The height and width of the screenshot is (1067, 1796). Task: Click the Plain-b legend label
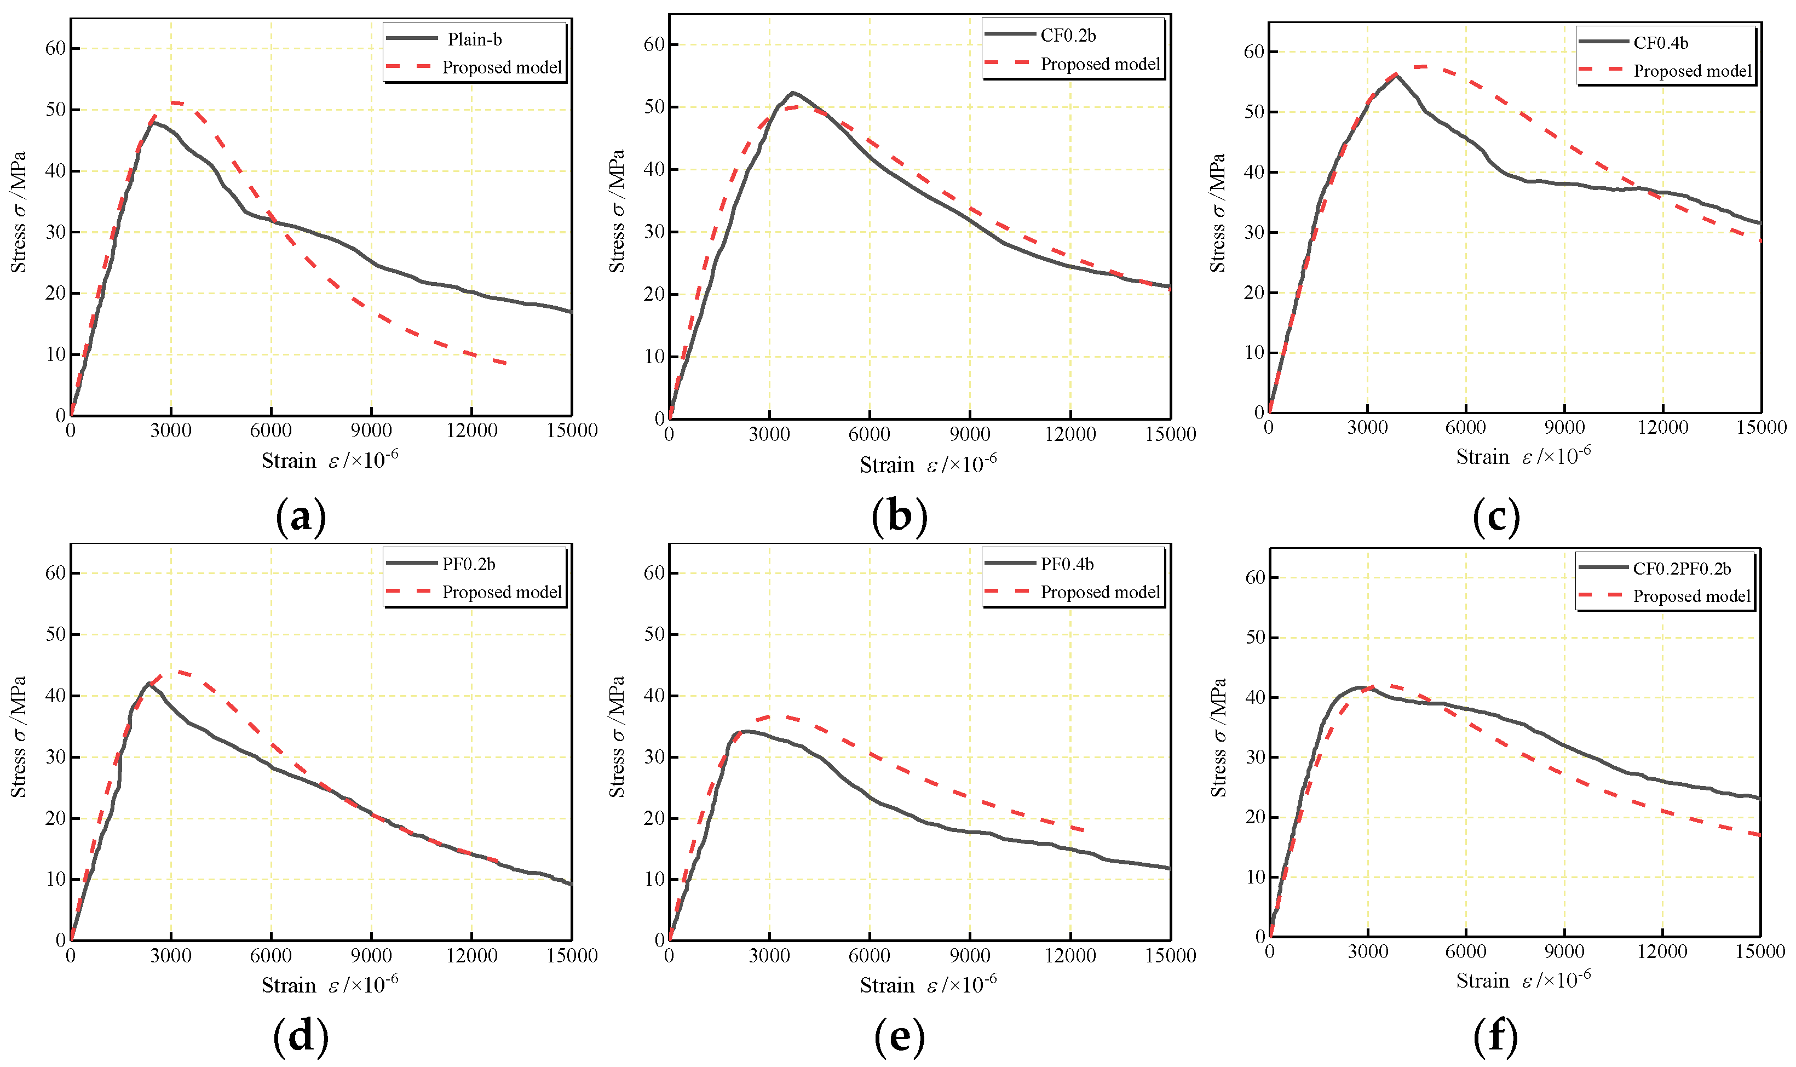474,39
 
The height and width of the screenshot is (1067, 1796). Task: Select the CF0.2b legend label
1068,35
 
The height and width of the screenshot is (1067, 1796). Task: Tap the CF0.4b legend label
1660,42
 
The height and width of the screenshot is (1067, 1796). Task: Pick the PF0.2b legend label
469,564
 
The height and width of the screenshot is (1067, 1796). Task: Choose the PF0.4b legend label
1067,564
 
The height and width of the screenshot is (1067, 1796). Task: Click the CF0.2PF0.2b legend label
1681,568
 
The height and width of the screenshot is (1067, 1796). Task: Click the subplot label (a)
301,516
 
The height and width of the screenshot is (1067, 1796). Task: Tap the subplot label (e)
899,1036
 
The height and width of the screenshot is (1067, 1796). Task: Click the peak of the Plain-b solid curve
152,122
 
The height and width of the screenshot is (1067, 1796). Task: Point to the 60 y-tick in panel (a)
55,48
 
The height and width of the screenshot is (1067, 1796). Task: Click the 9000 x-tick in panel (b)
970,434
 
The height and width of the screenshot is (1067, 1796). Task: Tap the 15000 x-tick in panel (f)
1760,951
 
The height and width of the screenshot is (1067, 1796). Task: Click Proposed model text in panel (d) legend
502,592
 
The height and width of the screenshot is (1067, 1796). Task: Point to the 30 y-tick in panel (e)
654,756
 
